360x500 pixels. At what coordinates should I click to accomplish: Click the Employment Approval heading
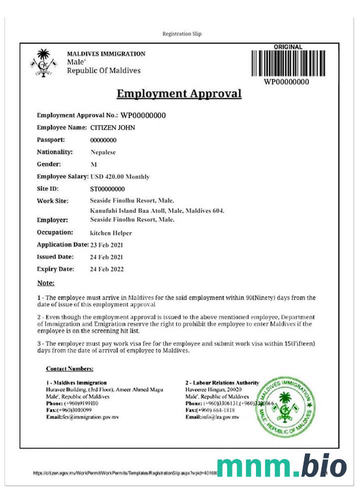tap(179, 94)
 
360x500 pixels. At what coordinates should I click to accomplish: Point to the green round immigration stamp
tap(285, 406)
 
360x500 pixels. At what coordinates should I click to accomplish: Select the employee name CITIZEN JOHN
tap(112, 128)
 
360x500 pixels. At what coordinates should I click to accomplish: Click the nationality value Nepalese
tap(103, 152)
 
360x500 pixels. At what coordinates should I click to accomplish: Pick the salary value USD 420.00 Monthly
tap(120, 176)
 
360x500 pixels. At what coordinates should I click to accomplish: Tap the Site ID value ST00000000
tap(107, 189)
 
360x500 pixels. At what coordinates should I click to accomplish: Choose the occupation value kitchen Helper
tap(111, 233)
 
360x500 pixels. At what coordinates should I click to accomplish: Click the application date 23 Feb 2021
tap(106, 245)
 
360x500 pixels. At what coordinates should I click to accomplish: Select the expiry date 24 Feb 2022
tap(106, 269)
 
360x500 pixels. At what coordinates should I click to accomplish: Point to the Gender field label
tap(49, 164)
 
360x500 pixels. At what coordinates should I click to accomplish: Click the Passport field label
tap(51, 140)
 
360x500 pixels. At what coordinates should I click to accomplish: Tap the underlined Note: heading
tap(45, 283)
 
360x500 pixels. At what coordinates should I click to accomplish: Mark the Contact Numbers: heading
tap(69, 368)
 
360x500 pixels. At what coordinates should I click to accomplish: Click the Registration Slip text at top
tap(182, 34)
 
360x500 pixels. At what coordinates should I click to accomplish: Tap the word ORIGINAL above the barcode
tap(288, 47)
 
